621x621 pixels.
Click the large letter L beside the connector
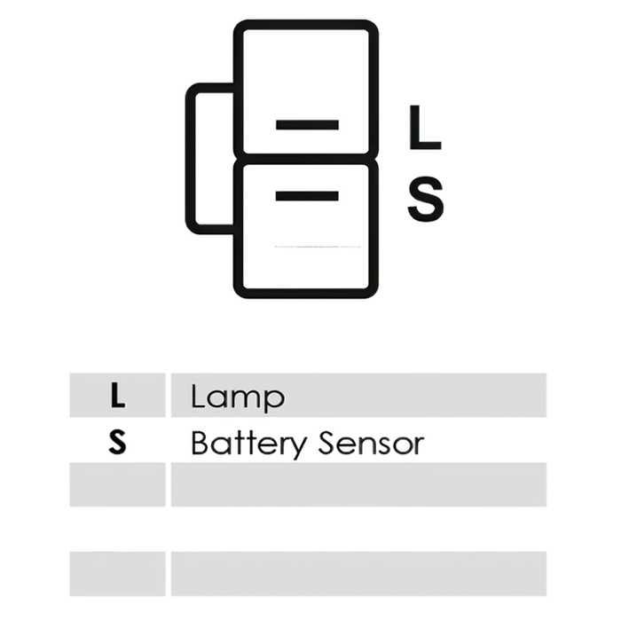tap(425, 128)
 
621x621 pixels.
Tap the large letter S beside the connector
tap(426, 199)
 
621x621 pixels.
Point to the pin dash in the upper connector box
tap(307, 125)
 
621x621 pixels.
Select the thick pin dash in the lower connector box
tap(307, 196)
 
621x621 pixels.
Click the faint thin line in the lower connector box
tap(318, 247)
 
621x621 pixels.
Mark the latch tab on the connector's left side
tap(190, 159)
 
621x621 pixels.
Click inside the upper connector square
tap(306, 88)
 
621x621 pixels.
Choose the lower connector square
tap(306, 229)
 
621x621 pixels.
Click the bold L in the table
tap(118, 396)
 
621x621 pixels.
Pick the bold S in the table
tap(118, 443)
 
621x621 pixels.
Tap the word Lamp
tap(238, 397)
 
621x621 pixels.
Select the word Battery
tap(248, 444)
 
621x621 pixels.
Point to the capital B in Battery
tap(200, 443)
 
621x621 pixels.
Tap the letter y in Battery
tap(296, 447)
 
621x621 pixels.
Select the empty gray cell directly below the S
tap(118, 484)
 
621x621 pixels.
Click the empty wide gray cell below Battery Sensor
tap(358, 484)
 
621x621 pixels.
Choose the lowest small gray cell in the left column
tap(118, 574)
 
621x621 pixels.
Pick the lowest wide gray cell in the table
tap(358, 574)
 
